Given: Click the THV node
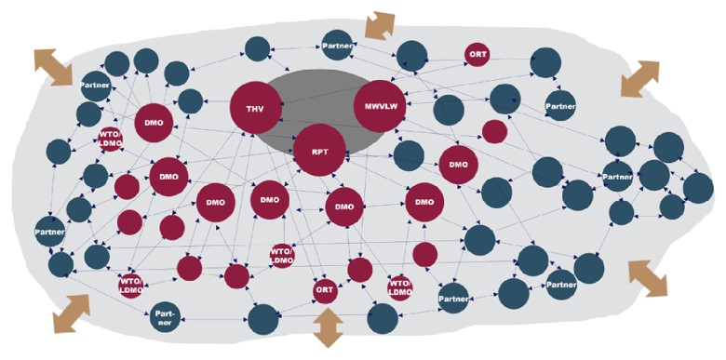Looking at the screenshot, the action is [x=256, y=107].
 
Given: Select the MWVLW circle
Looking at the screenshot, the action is [x=380, y=106].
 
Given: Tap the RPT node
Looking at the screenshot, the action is [x=319, y=150].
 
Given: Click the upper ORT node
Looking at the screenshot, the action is [x=477, y=54].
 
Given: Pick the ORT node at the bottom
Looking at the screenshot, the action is [x=324, y=290].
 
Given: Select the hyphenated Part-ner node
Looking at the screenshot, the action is [x=165, y=318].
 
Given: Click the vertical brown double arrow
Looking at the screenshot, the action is [x=329, y=328].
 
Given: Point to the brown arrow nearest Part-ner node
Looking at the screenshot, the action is [x=71, y=313].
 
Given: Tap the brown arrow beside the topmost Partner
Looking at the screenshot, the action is [x=380, y=26].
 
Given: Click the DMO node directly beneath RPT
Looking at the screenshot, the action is [x=344, y=207].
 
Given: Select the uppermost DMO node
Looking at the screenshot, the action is [x=154, y=123].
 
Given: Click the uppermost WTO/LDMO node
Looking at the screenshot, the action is [x=110, y=139].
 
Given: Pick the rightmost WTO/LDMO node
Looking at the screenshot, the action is [x=400, y=287].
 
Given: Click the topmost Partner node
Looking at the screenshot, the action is [x=337, y=46].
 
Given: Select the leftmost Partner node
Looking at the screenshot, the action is [x=49, y=231].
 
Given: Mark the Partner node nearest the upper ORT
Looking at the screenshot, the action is [x=560, y=106].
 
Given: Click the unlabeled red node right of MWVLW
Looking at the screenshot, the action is [x=494, y=131].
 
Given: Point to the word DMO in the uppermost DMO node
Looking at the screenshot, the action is [x=154, y=124].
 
